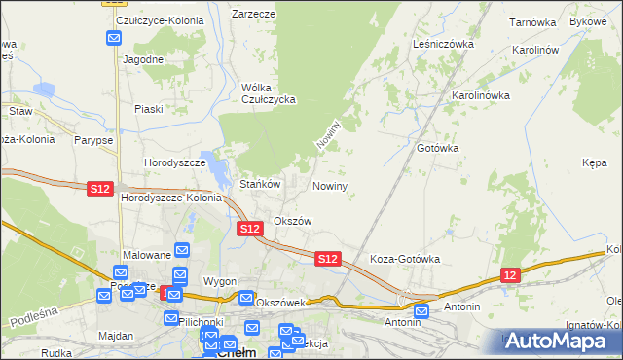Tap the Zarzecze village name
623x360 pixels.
253,15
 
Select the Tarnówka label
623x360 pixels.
531,20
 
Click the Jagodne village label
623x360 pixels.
143,58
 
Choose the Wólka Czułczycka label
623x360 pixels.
268,92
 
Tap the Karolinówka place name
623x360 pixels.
480,95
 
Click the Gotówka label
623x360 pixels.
437,148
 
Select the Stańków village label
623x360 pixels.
260,184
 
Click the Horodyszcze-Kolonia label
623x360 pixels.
170,198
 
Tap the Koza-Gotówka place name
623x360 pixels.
405,260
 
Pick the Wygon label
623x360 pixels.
220,281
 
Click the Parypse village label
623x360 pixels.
92,140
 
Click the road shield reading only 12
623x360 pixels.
511,276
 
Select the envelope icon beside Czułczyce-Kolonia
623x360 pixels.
114,39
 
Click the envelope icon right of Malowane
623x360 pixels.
181,250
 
